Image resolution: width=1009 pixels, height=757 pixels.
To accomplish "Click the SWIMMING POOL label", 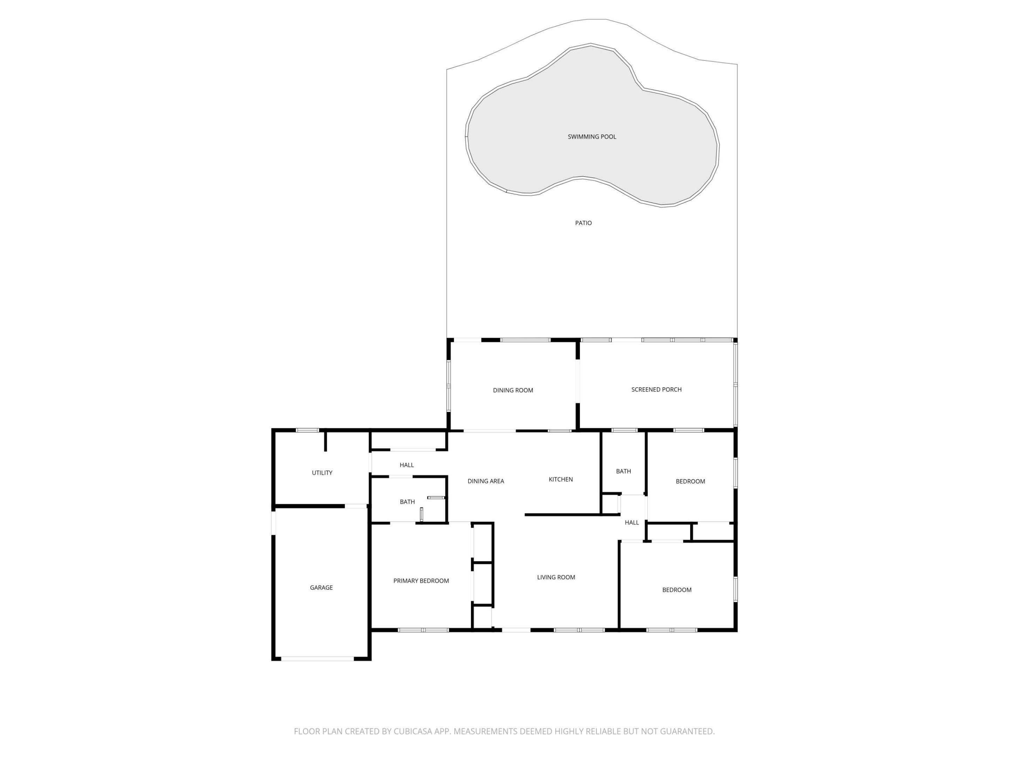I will (x=592, y=136).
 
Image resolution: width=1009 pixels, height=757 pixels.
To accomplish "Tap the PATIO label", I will (x=583, y=223).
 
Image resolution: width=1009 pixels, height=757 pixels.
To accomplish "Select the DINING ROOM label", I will (x=513, y=390).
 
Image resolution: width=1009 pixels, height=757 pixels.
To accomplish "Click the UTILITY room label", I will (x=322, y=473).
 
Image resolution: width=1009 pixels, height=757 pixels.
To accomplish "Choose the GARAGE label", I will (x=321, y=587).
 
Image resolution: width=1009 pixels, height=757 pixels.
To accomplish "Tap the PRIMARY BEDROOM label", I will (x=421, y=580).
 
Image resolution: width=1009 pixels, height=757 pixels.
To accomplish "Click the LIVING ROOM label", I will (x=556, y=577).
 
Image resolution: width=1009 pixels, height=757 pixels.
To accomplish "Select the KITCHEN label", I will (x=560, y=479).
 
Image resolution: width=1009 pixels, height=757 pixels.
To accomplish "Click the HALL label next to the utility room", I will (x=406, y=465).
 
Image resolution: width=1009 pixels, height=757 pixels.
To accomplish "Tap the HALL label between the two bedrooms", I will (x=631, y=523).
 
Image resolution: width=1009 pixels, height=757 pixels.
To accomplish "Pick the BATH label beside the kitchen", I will (x=623, y=471).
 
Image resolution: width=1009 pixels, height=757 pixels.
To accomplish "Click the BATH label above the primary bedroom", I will (x=407, y=502).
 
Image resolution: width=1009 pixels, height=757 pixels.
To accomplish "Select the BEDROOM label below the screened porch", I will (x=690, y=482).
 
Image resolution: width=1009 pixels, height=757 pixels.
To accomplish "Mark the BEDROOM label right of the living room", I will (x=677, y=590).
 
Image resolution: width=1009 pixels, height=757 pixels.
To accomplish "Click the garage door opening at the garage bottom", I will (x=317, y=659).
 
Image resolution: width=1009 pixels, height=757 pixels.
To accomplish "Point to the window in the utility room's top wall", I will (x=308, y=430).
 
